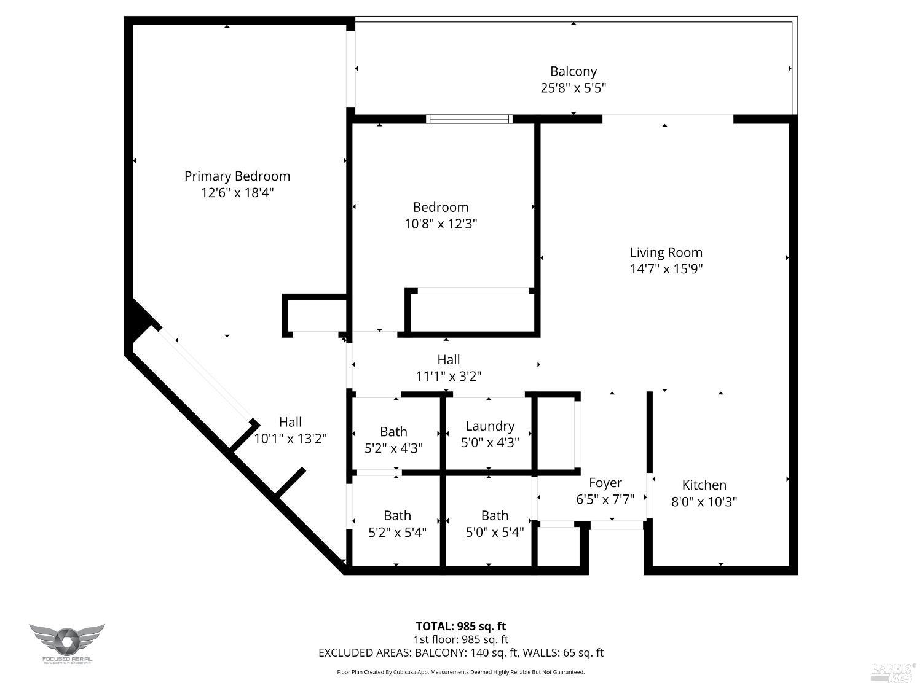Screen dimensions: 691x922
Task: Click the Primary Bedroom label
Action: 237,176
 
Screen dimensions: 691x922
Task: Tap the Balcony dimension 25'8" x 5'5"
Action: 573,88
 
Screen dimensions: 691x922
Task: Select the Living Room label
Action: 666,252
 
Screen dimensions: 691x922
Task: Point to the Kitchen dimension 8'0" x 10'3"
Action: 704,501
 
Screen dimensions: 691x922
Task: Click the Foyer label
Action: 605,483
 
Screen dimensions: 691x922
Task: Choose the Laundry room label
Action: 490,426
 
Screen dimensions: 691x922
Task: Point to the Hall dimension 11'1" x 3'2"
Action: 448,376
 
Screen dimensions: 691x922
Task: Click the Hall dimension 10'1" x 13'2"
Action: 290,439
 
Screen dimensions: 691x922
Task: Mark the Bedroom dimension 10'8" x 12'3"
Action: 440,224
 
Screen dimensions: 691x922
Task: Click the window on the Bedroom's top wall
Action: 470,119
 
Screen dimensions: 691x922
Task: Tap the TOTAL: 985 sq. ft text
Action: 460,626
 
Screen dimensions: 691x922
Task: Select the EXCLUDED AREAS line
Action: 460,652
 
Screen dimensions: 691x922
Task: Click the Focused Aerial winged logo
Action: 66,641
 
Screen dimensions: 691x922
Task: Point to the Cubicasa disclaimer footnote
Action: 460,672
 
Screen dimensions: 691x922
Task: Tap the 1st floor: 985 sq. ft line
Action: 460,639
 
